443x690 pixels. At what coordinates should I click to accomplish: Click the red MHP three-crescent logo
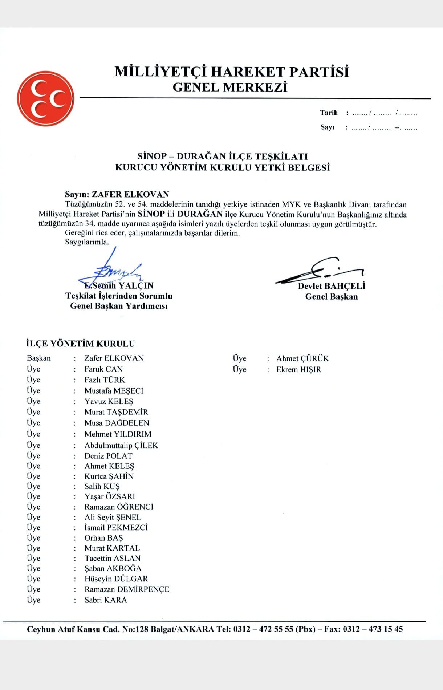(45, 98)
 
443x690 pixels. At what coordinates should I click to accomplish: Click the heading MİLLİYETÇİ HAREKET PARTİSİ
(232, 72)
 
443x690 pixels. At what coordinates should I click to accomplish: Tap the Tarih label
(329, 113)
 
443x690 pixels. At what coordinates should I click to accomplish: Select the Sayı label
(327, 127)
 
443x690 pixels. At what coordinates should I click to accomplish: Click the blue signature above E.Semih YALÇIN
(113, 269)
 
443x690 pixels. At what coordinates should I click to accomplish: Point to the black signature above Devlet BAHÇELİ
(320, 271)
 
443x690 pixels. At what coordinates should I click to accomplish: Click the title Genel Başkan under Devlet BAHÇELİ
(331, 297)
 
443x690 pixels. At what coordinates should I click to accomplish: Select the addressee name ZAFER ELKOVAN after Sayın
(130, 194)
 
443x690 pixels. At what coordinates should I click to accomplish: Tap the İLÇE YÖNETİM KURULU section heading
(81, 344)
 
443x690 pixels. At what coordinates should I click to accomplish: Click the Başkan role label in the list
(39, 358)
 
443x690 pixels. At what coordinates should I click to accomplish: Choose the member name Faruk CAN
(103, 369)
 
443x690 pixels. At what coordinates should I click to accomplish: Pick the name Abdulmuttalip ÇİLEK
(121, 445)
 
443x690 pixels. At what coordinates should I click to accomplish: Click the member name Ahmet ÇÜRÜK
(302, 358)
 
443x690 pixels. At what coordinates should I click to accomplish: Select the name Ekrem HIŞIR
(298, 369)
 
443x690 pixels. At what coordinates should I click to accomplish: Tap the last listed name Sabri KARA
(106, 600)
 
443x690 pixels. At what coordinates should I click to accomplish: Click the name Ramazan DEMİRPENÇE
(127, 589)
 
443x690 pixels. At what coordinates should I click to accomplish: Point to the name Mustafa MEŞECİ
(114, 391)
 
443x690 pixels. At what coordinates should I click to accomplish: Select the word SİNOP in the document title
(152, 157)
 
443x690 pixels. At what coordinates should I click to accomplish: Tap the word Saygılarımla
(87, 242)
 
